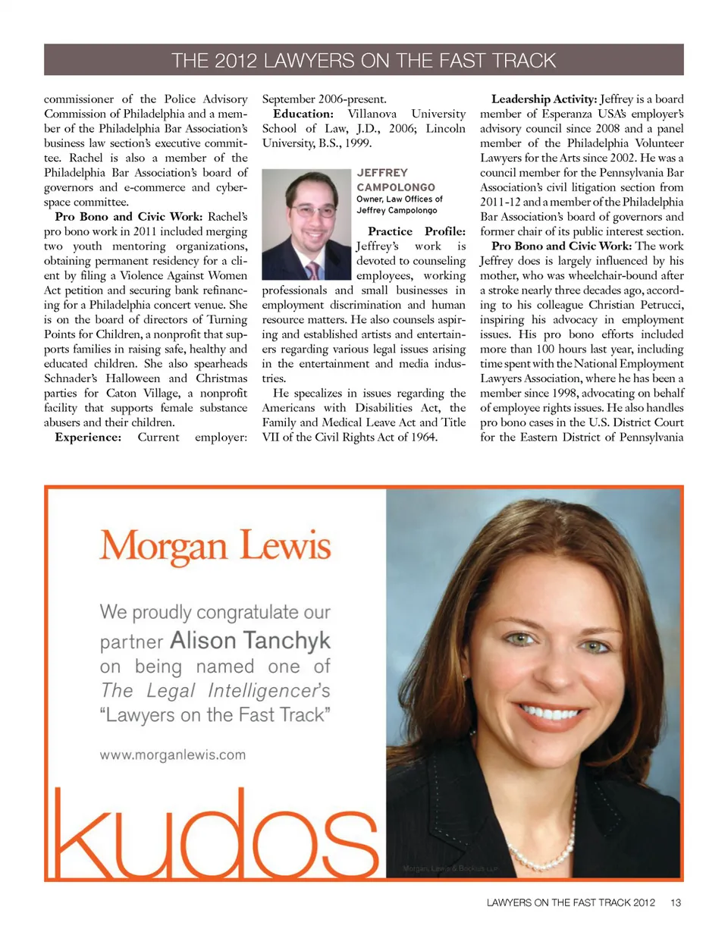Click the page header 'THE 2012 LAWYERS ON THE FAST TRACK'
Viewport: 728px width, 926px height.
(x=364, y=59)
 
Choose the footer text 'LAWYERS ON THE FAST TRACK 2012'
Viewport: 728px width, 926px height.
(x=573, y=902)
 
